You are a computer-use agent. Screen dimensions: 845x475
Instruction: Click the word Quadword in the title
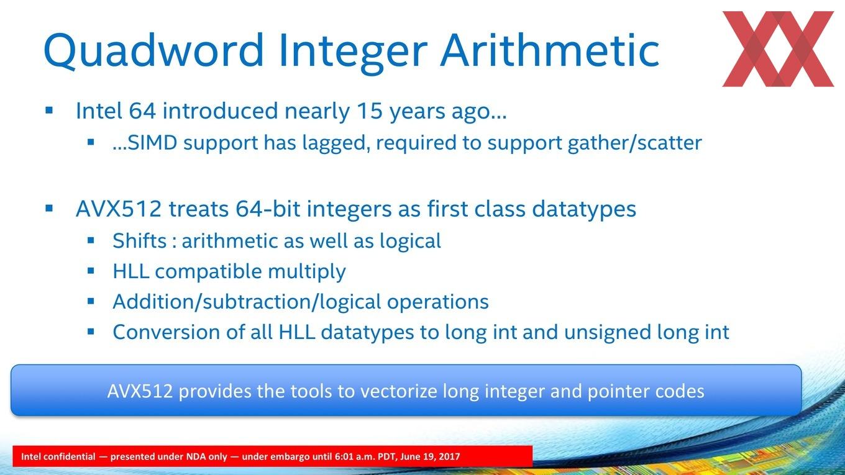(153, 51)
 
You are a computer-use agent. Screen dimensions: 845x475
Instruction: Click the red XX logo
(778, 49)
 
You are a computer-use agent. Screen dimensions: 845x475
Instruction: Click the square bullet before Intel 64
(49, 111)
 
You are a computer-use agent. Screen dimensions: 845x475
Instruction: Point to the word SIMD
(152, 143)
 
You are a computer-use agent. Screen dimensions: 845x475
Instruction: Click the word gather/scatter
(635, 143)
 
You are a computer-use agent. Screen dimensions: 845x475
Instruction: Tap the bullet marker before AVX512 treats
(49, 208)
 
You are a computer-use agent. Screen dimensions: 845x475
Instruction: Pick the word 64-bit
(268, 209)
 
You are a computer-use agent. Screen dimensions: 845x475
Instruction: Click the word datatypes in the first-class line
(584, 210)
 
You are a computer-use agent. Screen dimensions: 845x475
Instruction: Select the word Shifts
(140, 240)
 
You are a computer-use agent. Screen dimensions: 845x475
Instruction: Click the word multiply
(307, 272)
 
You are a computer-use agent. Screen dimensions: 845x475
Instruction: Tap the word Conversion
(167, 332)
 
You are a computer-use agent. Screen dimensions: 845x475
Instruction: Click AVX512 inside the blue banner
(140, 391)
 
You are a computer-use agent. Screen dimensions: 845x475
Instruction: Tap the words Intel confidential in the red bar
(58, 456)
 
